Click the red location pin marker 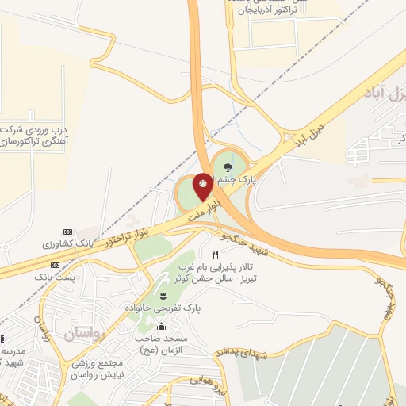pos(203,186)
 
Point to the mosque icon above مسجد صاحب pos(163,326)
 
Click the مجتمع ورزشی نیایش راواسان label pos(94,366)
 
